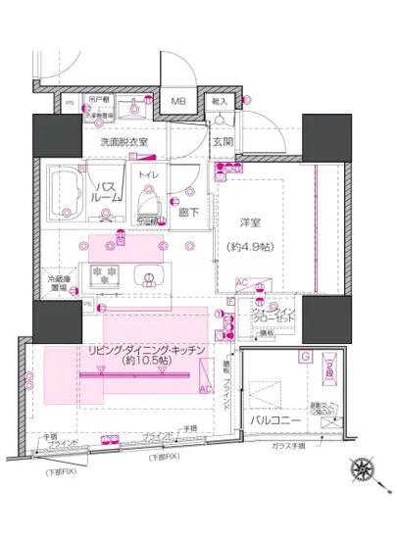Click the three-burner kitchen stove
(x=103, y=275)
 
